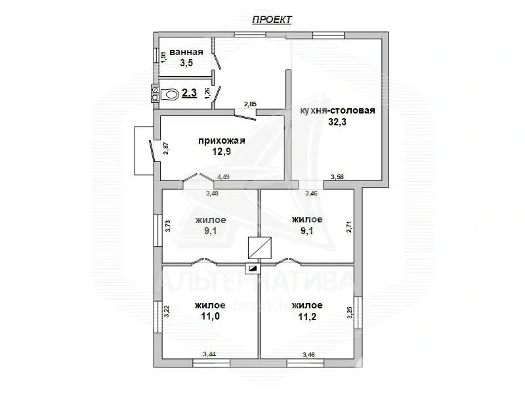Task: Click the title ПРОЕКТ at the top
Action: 272,20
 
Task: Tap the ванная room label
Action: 186,52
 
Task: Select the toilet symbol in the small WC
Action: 170,94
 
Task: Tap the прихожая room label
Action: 221,140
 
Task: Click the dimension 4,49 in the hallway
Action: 224,176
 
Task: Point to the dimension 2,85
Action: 250,104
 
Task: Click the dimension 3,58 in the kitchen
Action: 337,176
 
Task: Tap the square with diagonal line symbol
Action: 260,247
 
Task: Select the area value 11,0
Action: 209,316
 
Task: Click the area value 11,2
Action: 306,316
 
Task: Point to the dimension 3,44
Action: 209,354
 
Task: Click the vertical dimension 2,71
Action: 350,226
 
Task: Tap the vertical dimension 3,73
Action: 168,226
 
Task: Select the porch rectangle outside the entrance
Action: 142,151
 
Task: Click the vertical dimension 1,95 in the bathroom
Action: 163,56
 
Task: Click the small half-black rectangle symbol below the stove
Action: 253,268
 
